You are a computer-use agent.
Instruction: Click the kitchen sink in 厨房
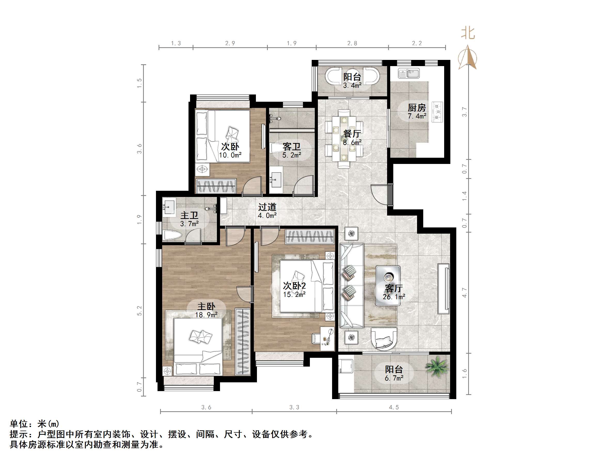click(409, 74)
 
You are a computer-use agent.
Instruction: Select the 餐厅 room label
click(352, 134)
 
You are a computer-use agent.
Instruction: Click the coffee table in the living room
click(388, 285)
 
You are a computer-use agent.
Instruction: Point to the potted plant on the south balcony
click(437, 367)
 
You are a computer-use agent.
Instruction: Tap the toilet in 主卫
click(172, 236)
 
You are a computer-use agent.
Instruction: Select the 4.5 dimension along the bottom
click(394, 407)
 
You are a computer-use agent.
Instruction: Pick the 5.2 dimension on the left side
click(139, 310)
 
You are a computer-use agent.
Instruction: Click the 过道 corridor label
click(267, 207)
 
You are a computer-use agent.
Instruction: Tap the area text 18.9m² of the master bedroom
click(206, 315)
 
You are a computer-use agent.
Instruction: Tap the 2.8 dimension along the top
click(352, 43)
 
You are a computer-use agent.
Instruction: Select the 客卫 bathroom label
click(292, 147)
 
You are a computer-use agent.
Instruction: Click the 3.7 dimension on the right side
click(465, 112)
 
